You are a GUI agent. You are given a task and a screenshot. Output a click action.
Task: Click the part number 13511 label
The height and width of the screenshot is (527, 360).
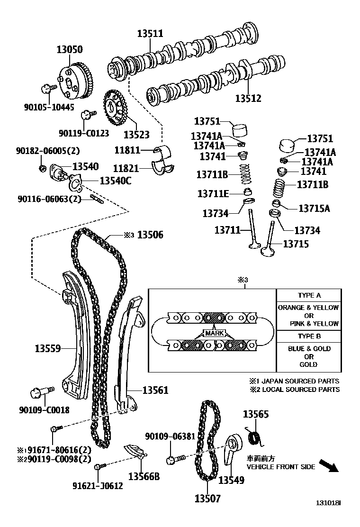150,34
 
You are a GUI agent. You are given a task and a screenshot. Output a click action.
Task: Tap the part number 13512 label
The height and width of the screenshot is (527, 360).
248,99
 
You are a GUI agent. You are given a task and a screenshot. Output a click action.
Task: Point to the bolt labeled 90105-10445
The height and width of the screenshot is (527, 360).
46,88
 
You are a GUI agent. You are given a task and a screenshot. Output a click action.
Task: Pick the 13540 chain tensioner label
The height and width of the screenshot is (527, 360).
85,166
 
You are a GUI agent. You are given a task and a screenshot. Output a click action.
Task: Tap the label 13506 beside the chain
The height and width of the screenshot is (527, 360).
150,235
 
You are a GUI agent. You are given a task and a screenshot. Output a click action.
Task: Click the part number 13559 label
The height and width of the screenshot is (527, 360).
47,348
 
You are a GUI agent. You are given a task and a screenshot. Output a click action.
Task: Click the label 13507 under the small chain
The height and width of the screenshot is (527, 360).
207,498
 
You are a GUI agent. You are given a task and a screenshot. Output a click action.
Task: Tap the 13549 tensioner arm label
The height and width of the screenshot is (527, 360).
231,480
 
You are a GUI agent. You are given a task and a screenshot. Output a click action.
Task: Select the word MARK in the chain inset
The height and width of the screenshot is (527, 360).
214,333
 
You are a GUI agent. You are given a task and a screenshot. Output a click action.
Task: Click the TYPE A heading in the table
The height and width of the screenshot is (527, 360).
309,295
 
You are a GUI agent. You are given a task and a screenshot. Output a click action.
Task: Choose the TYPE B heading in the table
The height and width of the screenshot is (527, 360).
309,336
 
